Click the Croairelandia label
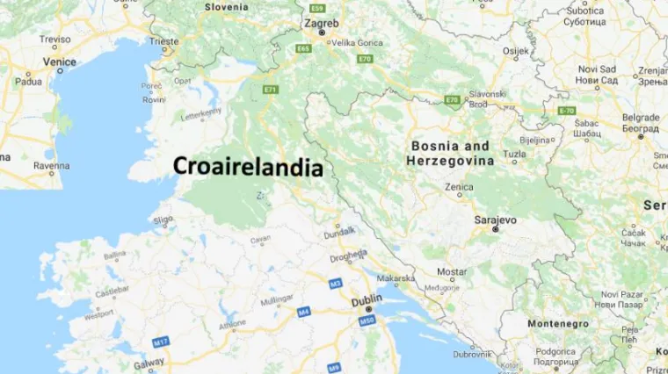click(x=247, y=167)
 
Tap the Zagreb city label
click(x=321, y=23)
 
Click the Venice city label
click(x=59, y=61)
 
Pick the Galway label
click(x=149, y=364)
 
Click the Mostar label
click(x=452, y=271)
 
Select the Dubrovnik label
click(x=473, y=354)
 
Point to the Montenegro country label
click(x=557, y=323)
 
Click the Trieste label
click(x=163, y=41)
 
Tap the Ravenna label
click(x=51, y=165)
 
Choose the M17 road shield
click(x=160, y=341)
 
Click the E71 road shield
click(x=270, y=90)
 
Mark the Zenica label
click(x=459, y=187)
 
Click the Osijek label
click(x=516, y=51)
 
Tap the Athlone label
click(x=233, y=323)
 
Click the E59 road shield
click(x=317, y=8)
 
